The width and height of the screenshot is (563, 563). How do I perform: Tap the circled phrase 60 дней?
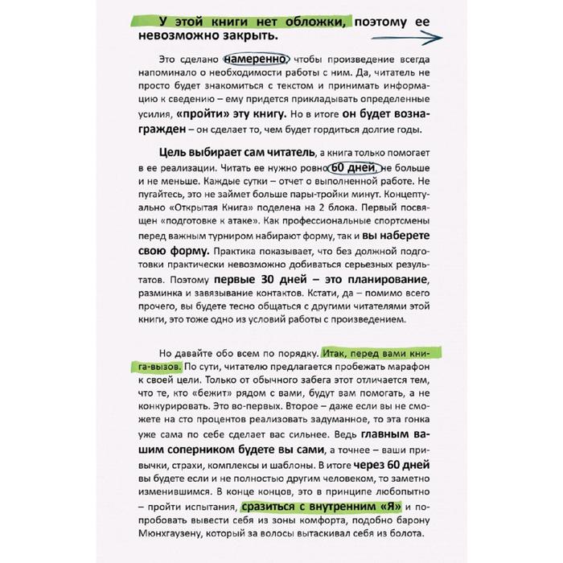point(349,168)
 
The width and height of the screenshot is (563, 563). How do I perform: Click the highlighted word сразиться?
point(273,508)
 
